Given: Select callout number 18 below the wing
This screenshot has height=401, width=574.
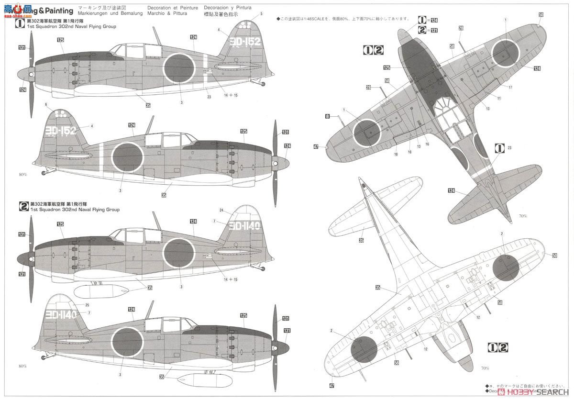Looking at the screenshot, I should click(x=396, y=154).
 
